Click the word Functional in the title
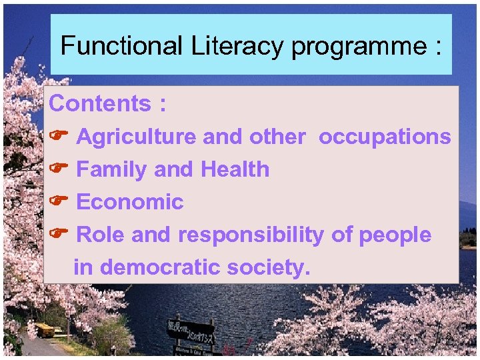(121, 46)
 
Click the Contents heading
(99, 104)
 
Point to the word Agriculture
(137, 137)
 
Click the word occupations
(385, 137)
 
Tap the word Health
(235, 169)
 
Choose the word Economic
(130, 202)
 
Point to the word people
(395, 235)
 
